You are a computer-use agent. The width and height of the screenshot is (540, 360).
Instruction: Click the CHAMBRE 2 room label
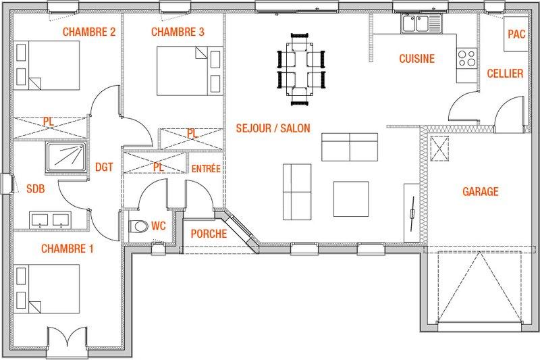click(89, 32)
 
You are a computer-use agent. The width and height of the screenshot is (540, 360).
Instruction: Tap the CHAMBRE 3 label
click(178, 32)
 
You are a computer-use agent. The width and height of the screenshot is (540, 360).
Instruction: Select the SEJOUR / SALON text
click(273, 128)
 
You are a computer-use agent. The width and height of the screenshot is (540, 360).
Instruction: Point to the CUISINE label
click(416, 59)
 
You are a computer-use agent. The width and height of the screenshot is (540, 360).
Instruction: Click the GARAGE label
click(481, 192)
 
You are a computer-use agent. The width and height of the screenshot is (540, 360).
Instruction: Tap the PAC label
click(516, 34)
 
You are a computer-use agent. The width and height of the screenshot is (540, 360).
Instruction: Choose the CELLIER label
click(505, 74)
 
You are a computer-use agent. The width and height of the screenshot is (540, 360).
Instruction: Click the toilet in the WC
click(138, 226)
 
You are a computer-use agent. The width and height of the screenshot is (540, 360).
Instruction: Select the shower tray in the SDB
click(65, 158)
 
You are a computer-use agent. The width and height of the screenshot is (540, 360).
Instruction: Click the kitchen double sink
click(421, 24)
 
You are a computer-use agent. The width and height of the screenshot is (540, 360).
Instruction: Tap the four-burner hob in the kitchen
click(466, 58)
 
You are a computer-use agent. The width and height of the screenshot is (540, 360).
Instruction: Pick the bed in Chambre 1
click(47, 289)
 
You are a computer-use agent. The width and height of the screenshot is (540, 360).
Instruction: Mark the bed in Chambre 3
click(190, 71)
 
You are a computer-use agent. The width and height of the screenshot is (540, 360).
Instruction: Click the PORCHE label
click(209, 234)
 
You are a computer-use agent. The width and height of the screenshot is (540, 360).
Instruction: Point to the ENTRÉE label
click(206, 168)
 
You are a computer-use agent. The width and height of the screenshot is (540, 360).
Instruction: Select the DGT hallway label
click(104, 167)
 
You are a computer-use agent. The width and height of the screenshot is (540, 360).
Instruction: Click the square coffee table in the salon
click(351, 199)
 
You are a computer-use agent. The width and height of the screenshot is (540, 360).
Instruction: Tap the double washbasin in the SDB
click(50, 220)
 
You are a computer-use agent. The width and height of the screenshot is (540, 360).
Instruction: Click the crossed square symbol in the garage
click(440, 149)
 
